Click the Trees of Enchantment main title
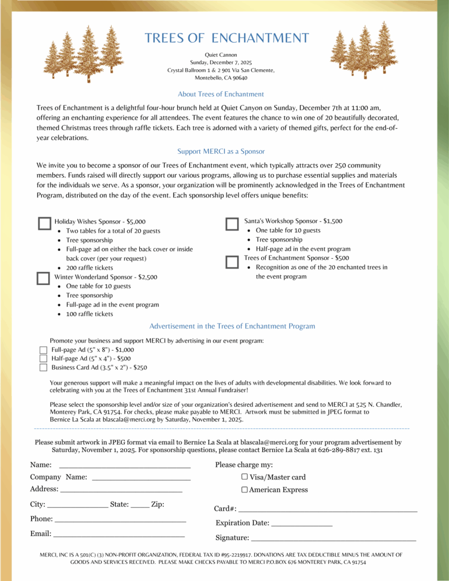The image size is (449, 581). [226, 38]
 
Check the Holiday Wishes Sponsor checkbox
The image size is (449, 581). [44, 223]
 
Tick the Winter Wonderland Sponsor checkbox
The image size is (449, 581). [43, 278]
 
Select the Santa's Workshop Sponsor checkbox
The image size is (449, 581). [232, 224]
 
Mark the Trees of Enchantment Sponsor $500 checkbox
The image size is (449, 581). [232, 262]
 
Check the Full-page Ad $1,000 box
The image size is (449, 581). [43, 350]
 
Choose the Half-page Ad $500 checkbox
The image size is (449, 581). [43, 359]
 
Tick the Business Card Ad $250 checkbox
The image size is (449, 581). [43, 368]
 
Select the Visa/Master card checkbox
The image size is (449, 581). [245, 477]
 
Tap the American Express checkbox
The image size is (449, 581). [245, 490]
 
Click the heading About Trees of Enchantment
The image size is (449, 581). [221, 94]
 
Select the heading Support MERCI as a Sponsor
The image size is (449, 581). [221, 151]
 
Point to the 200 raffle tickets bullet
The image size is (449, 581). [90, 268]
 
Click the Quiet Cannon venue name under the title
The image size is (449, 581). [221, 54]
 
